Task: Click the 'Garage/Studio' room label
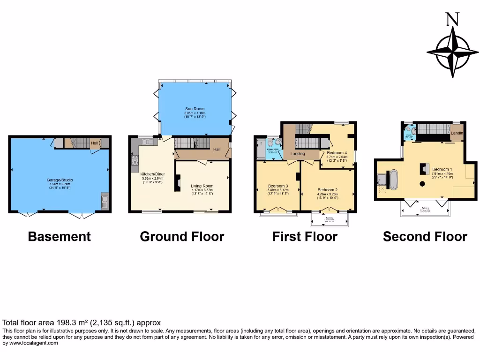point(60,180)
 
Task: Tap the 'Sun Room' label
point(195,109)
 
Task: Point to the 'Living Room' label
point(202,186)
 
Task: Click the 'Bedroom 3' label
point(277,185)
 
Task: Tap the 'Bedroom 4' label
point(337,153)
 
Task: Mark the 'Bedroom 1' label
point(442,169)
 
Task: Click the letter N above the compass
point(452,19)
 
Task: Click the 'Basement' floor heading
point(60,237)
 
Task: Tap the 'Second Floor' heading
point(425,237)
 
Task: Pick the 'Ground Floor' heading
point(182,237)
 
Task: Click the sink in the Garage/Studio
point(105,202)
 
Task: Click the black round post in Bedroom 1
point(422,184)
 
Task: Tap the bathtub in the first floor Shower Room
point(261,149)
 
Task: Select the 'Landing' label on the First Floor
point(298,154)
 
